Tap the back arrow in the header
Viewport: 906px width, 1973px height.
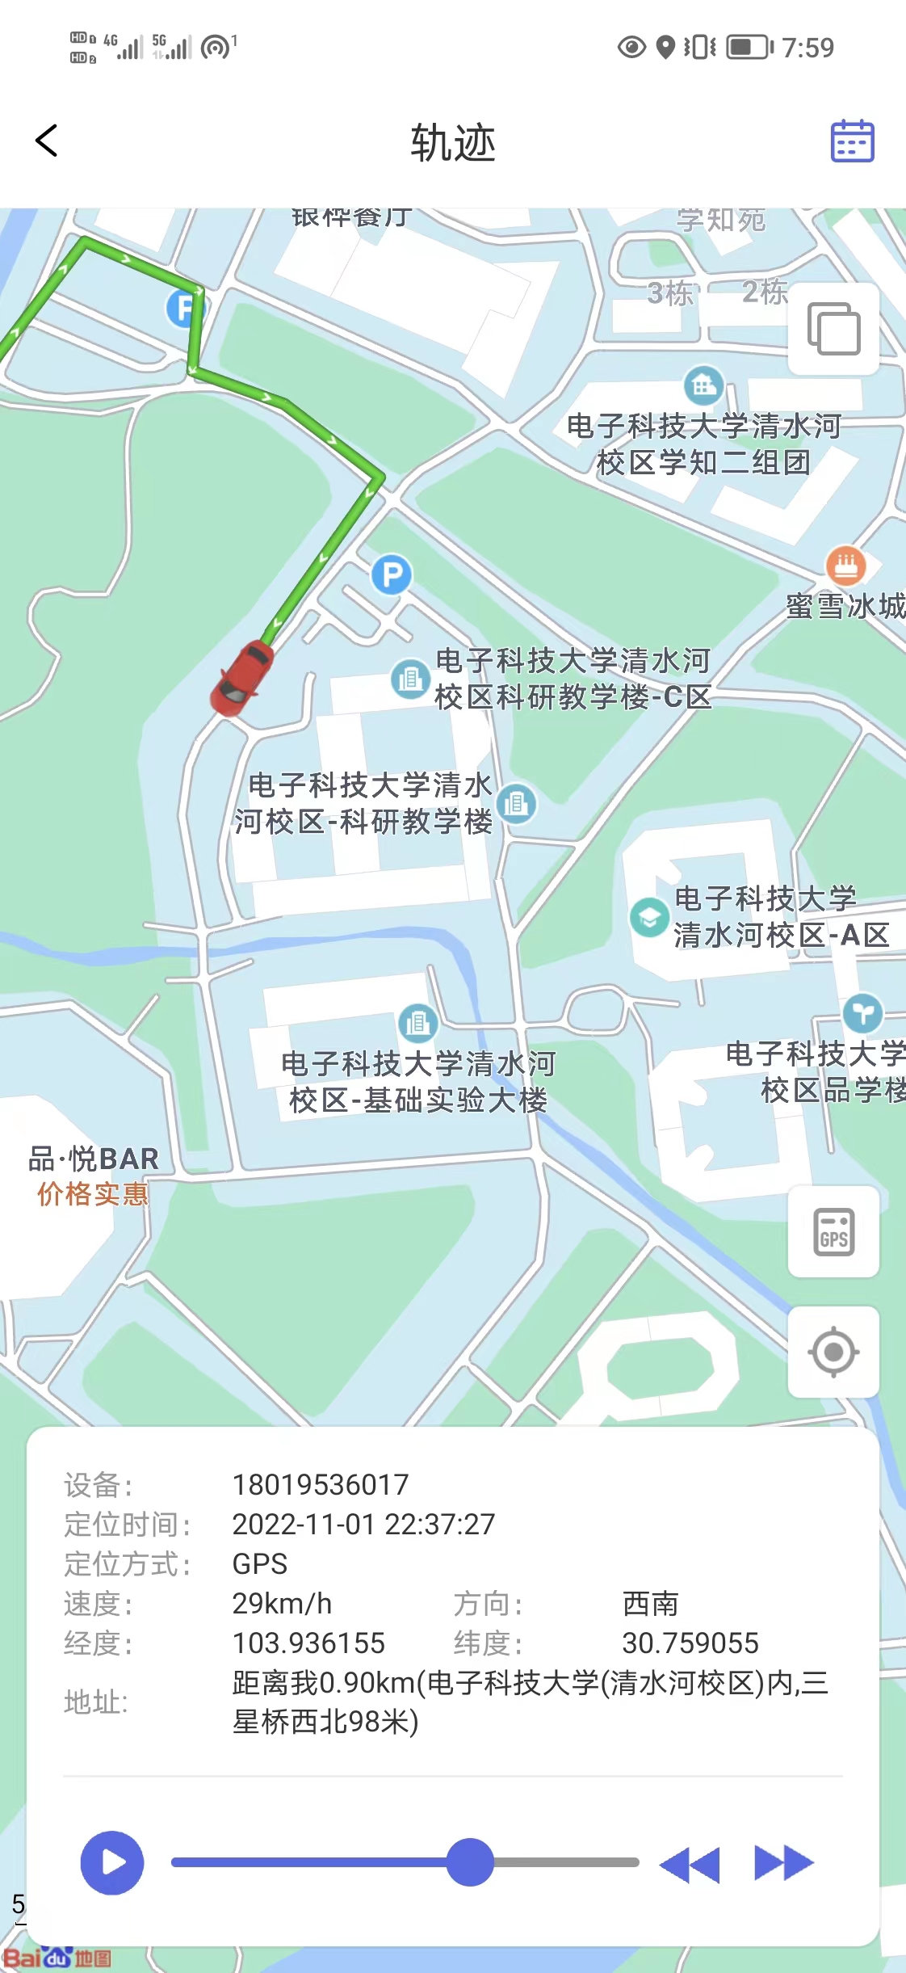[x=47, y=141]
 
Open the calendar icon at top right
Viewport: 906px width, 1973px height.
[x=852, y=141]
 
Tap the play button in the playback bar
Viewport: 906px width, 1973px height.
[x=112, y=1862]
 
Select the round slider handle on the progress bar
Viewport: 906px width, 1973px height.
[x=470, y=1862]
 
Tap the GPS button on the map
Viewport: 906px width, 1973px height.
[x=833, y=1232]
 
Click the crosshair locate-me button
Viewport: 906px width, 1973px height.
[x=833, y=1352]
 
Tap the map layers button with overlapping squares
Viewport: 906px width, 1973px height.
[x=833, y=329]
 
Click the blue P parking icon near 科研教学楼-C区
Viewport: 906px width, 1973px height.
[x=392, y=574]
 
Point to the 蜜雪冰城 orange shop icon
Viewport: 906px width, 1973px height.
[x=845, y=565]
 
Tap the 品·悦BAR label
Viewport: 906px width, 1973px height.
[x=94, y=1159]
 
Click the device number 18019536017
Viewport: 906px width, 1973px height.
[x=321, y=1485]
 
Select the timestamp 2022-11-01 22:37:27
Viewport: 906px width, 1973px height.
[x=363, y=1525]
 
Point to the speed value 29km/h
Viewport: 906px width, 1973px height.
[x=282, y=1604]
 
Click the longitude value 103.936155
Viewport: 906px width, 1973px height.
[x=308, y=1643]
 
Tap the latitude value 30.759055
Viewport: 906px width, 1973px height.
[x=690, y=1643]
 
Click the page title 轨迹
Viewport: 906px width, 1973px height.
[x=453, y=143]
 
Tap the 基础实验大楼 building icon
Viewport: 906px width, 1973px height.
[x=418, y=1023]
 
